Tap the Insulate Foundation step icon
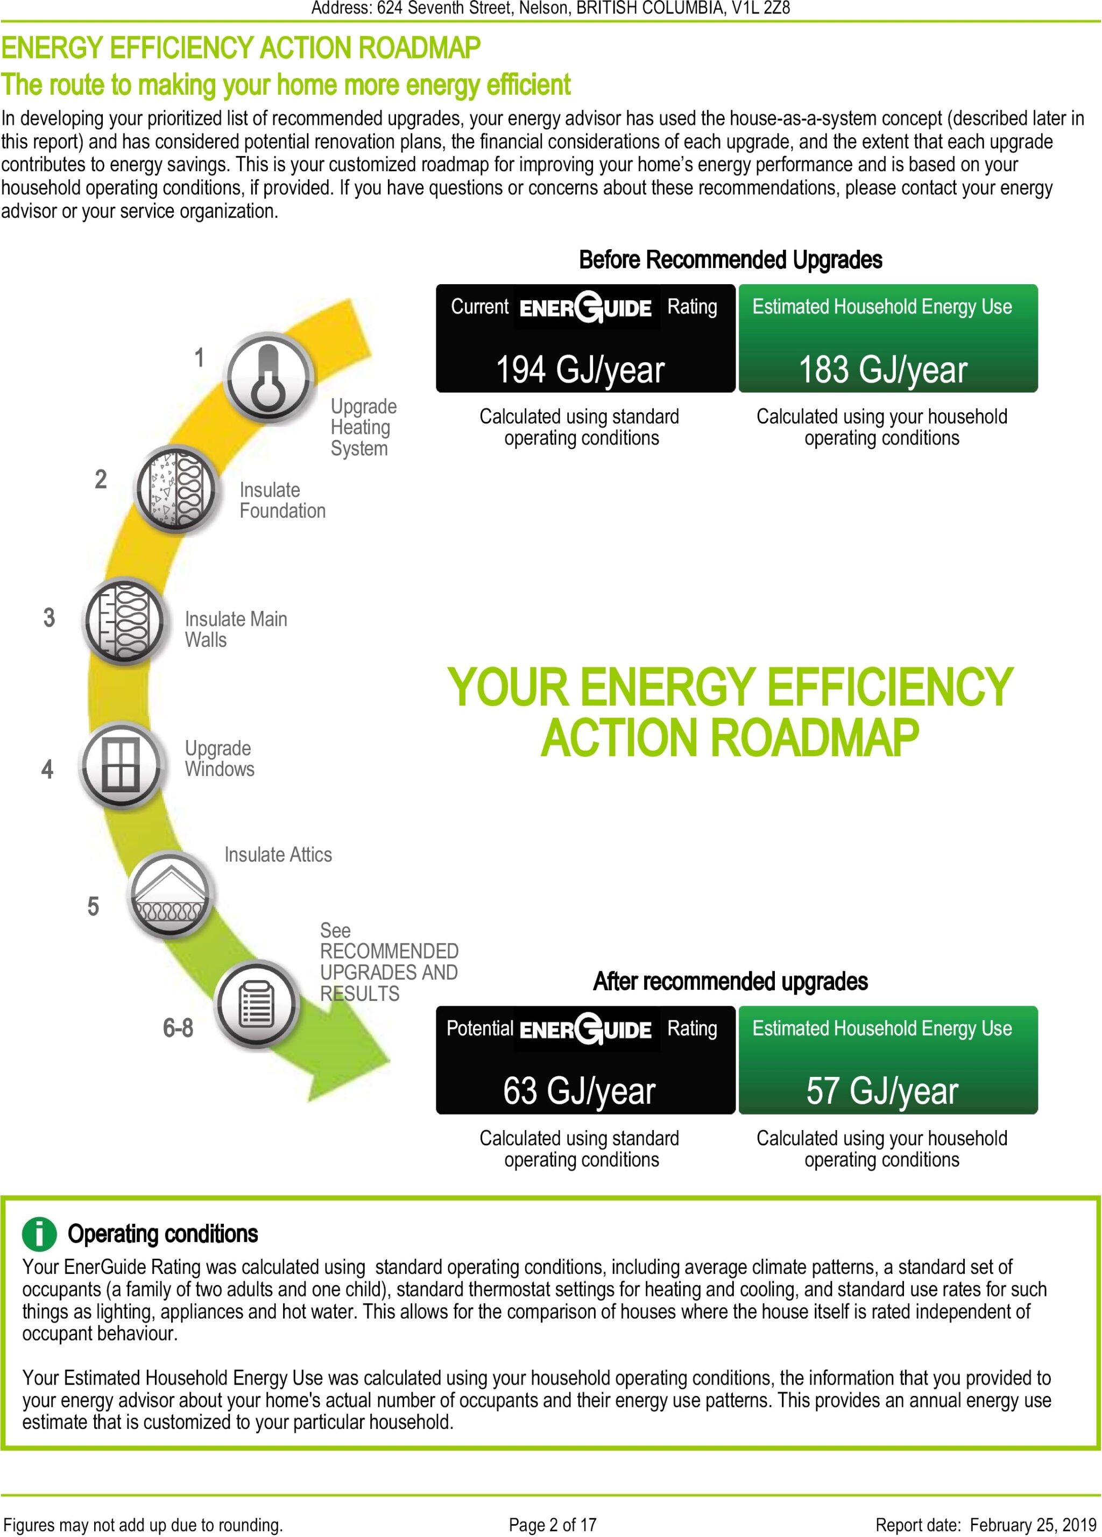[175, 489]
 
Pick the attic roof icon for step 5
[170, 894]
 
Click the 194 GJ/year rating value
[580, 370]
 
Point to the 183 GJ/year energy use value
[882, 370]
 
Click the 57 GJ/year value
[882, 1091]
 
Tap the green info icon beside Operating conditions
[39, 1233]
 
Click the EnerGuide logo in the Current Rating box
[585, 308]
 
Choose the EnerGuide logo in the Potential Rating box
[585, 1030]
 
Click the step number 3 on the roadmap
[49, 617]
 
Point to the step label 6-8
[178, 1028]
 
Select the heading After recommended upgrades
[730, 981]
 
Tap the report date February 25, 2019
[1033, 1525]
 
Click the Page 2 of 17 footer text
[553, 1525]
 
